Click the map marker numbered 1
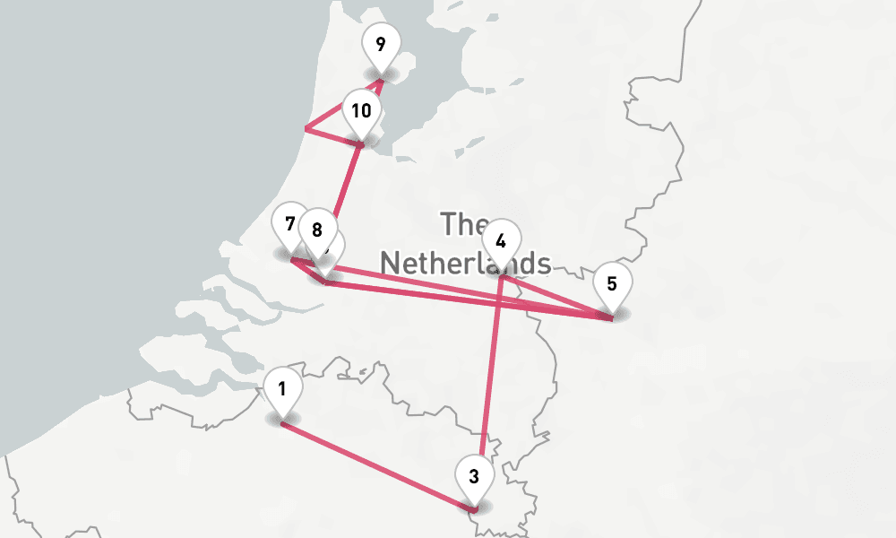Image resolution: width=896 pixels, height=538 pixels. [x=282, y=391]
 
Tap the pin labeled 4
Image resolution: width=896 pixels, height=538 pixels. [x=501, y=241]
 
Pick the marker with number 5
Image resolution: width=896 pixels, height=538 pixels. [x=612, y=285]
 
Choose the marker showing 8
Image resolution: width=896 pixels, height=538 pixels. [x=316, y=230]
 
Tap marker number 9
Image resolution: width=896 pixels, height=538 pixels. [x=381, y=44]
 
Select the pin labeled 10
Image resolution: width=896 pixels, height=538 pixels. [x=362, y=112]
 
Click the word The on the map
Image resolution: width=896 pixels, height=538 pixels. [x=465, y=222]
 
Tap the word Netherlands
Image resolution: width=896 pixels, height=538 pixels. [x=465, y=263]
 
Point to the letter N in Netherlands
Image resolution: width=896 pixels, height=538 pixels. [x=392, y=263]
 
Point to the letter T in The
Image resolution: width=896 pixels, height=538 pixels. [x=448, y=222]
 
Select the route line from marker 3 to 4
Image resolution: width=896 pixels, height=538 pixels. [x=490, y=377]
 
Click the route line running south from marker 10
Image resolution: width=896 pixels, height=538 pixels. [x=346, y=184]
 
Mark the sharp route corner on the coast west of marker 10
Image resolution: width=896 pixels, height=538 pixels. [x=306, y=129]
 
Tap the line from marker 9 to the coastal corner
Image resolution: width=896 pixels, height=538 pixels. [x=344, y=105]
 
